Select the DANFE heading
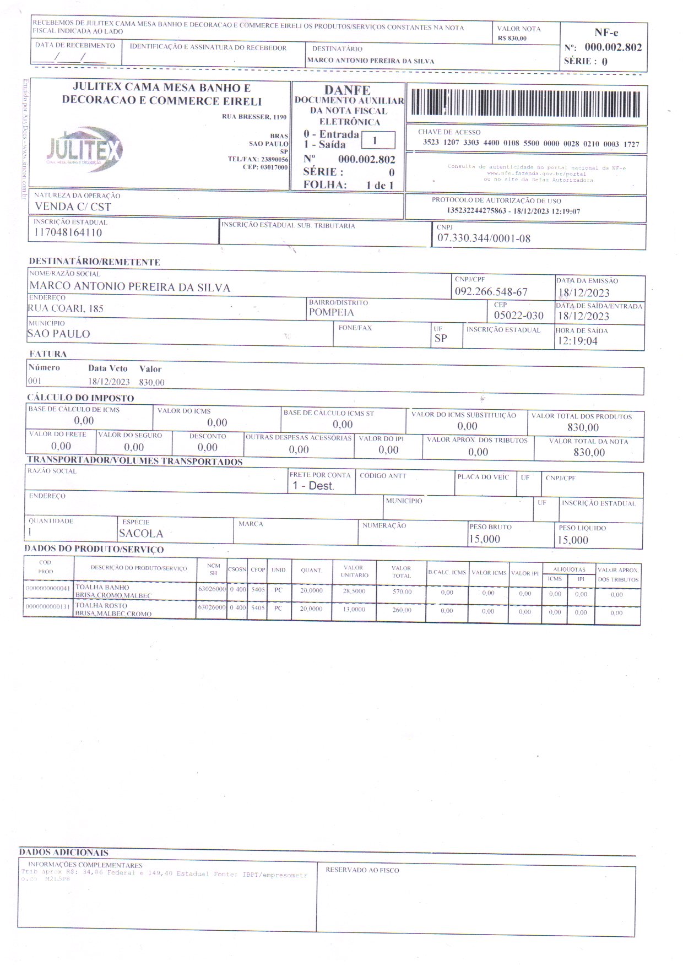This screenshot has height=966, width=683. click(347, 90)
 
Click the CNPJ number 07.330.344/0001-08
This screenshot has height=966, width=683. click(484, 238)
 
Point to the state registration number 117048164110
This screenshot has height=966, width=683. click(68, 232)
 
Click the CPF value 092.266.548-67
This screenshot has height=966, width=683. click(491, 292)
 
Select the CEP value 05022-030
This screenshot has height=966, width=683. click(518, 316)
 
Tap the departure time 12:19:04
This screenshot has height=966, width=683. click(577, 341)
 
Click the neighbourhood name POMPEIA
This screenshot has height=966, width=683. click(331, 313)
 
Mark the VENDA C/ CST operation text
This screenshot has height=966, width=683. click(73, 207)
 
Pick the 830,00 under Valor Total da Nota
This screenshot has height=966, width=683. click(589, 452)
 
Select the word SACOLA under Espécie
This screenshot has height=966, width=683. click(141, 533)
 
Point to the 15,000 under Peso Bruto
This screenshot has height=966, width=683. click(484, 539)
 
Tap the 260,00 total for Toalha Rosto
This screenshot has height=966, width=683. click(402, 610)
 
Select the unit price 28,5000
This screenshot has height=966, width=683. click(354, 591)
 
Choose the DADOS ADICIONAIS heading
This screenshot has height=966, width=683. click(63, 852)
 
